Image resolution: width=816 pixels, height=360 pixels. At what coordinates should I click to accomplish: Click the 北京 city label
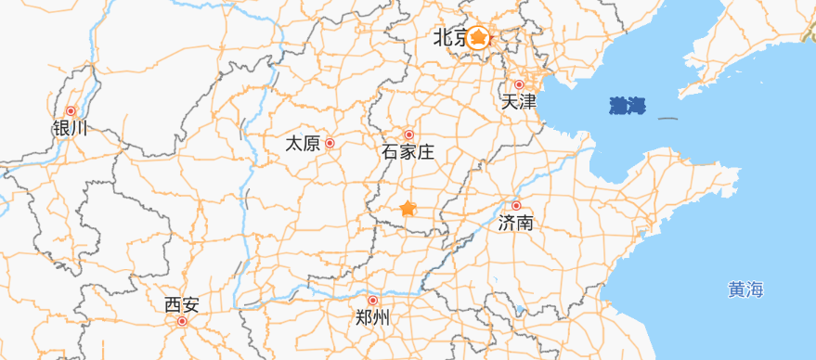pyautogui.click(x=450, y=38)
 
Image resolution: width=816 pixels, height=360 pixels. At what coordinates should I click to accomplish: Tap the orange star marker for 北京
pyautogui.click(x=478, y=37)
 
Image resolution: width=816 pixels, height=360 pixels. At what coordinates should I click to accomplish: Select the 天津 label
pyautogui.click(x=519, y=102)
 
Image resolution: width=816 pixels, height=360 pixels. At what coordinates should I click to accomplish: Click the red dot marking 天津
pyautogui.click(x=519, y=84)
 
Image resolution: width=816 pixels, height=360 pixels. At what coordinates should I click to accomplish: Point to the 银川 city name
pyautogui.click(x=71, y=128)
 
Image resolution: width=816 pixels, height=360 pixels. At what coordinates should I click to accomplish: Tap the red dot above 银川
pyautogui.click(x=71, y=111)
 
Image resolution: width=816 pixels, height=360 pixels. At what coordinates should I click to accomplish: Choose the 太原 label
pyautogui.click(x=303, y=144)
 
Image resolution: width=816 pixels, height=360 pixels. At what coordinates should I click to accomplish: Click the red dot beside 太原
pyautogui.click(x=330, y=144)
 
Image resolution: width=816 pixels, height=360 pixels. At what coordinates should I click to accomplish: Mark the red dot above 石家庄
pyautogui.click(x=408, y=135)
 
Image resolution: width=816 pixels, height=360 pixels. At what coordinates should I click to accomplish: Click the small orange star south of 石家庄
pyautogui.click(x=408, y=209)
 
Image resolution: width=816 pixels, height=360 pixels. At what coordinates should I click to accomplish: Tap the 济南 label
pyautogui.click(x=516, y=223)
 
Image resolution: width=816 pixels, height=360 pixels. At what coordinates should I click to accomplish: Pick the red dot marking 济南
pyautogui.click(x=516, y=206)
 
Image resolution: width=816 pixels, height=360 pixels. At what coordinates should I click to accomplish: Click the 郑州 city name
pyautogui.click(x=373, y=318)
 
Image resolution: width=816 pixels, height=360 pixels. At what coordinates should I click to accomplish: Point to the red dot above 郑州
pyautogui.click(x=373, y=301)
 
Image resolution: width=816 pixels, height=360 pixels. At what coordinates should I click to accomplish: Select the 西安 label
pyautogui.click(x=181, y=304)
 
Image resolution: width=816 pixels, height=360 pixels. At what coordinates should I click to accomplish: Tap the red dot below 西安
pyautogui.click(x=182, y=322)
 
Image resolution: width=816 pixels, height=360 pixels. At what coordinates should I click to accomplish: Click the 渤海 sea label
pyautogui.click(x=628, y=106)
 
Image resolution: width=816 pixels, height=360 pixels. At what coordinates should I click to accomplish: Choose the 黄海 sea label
pyautogui.click(x=745, y=290)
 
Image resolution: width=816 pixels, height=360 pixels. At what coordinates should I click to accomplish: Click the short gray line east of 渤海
pyautogui.click(x=667, y=118)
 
